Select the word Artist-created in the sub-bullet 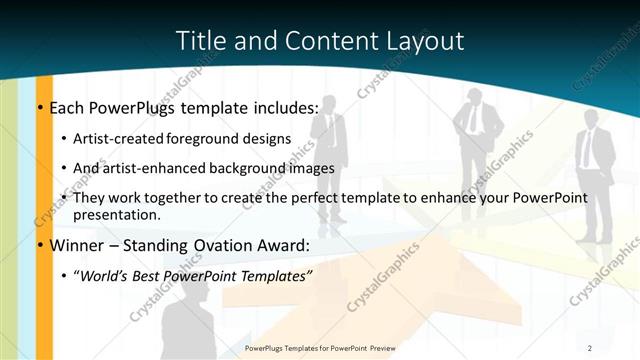pyautogui.click(x=119, y=139)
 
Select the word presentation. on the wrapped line pyautogui.click(x=117, y=214)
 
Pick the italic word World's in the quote pyautogui.click(x=105, y=276)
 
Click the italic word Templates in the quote pyautogui.click(x=271, y=276)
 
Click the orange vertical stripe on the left pyautogui.click(x=45, y=220)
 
